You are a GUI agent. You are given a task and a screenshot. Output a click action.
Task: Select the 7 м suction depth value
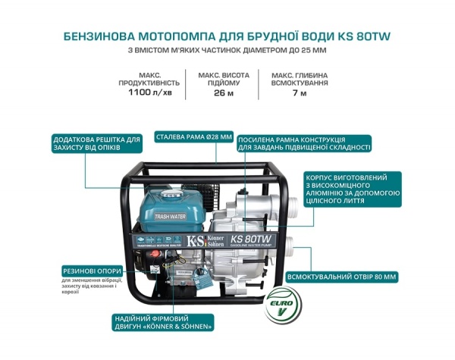click(x=300, y=93)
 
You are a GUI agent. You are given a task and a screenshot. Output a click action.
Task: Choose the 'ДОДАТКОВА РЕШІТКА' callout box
click(x=97, y=144)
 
